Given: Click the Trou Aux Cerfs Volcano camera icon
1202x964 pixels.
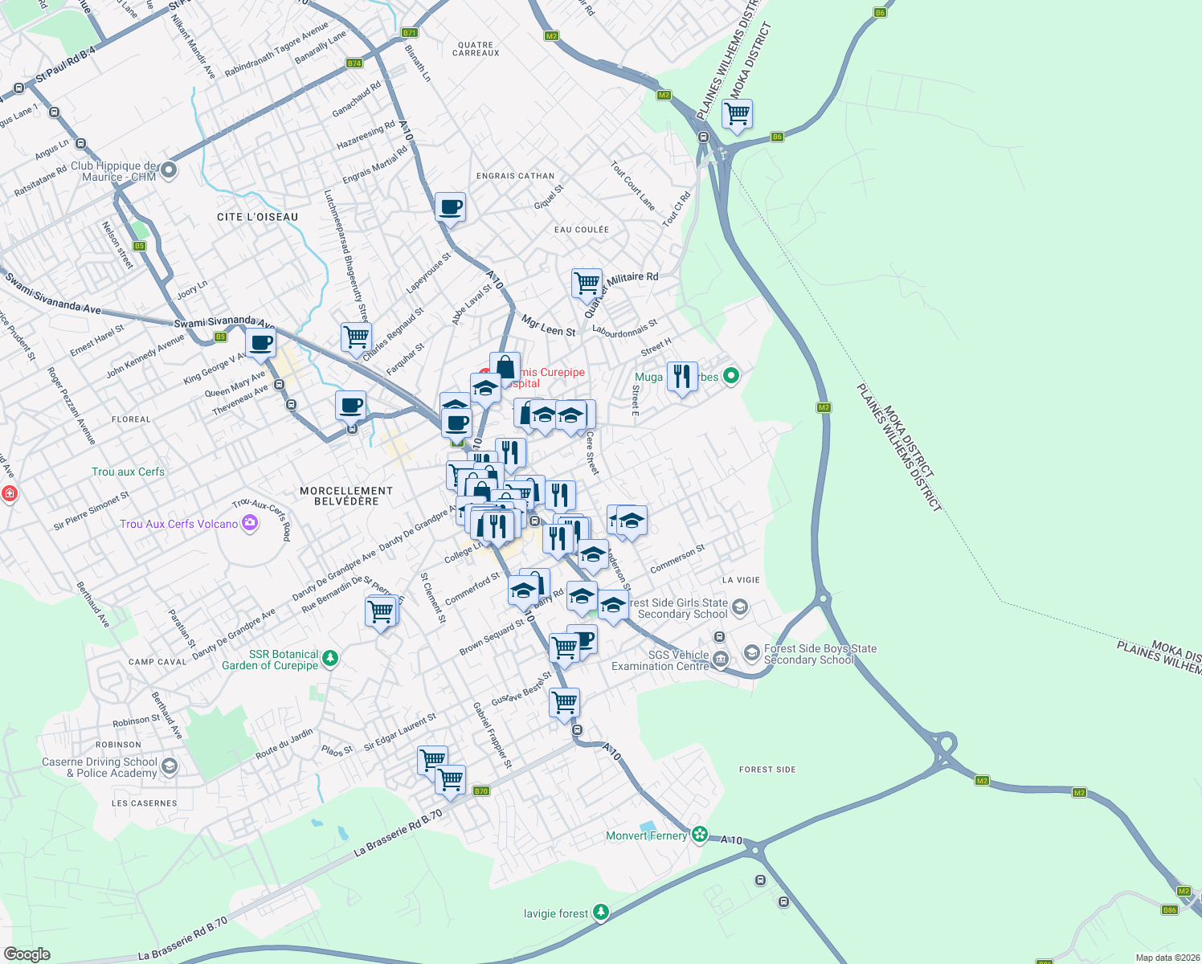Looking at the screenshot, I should (x=250, y=524).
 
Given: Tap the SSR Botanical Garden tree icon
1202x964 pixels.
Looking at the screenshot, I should (x=329, y=660).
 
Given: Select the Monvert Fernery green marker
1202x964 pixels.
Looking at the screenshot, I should (x=700, y=835).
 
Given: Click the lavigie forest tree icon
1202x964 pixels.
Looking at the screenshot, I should (x=600, y=913).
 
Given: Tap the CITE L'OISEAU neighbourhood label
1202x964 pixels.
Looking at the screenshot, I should (x=257, y=217).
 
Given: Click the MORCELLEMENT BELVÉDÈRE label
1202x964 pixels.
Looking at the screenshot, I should (x=346, y=496).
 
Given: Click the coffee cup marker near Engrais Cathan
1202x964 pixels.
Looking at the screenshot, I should (x=451, y=206).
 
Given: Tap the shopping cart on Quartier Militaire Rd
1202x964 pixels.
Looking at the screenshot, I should (x=587, y=283).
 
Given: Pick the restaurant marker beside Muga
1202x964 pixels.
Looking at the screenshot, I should (x=681, y=375).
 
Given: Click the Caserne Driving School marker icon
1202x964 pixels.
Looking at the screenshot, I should (x=169, y=766).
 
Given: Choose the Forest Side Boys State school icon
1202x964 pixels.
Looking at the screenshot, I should (x=751, y=652).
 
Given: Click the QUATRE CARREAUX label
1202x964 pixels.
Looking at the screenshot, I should (x=476, y=49).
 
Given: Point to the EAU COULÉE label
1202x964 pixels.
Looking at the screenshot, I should (x=581, y=230).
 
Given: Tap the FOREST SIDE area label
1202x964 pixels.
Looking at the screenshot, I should (x=767, y=770).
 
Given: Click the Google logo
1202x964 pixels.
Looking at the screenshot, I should (x=27, y=954).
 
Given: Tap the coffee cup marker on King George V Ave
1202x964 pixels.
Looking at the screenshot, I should (x=260, y=342).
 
